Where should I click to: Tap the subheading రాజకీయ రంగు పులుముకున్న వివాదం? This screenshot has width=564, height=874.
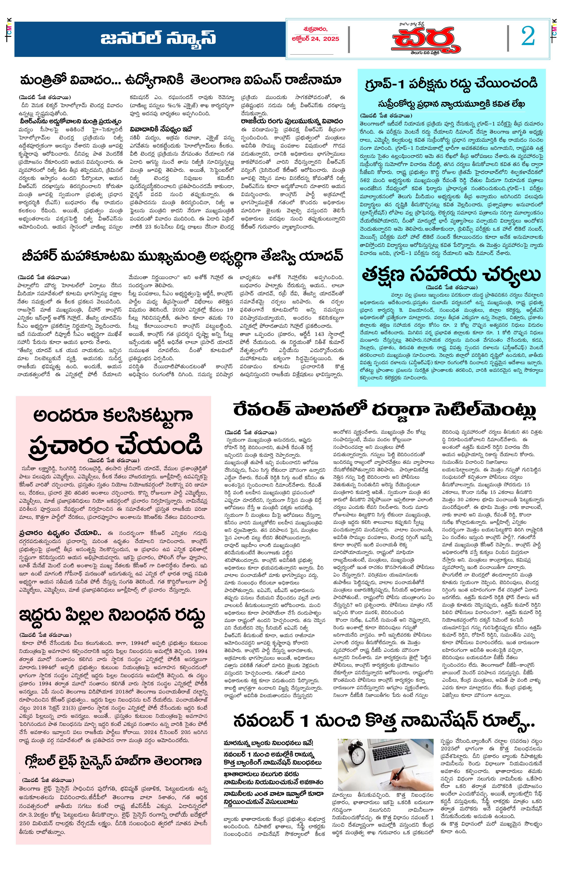tap(292, 121)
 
